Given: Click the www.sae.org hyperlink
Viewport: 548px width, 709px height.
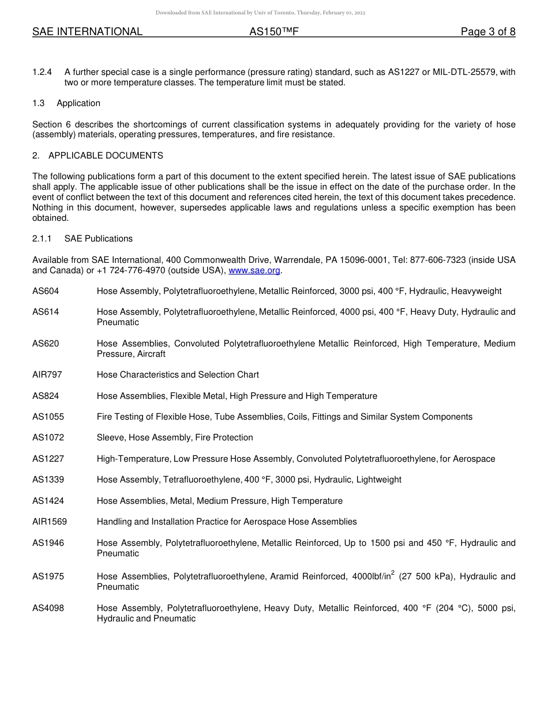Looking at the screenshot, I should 254,270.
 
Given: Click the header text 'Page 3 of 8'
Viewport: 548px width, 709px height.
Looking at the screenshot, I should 487,32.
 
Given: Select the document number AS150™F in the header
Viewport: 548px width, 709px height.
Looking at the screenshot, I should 273,32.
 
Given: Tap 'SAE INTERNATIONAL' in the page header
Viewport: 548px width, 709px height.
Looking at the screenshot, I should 87,32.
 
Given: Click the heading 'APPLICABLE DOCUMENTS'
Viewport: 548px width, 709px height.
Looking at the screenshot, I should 106,156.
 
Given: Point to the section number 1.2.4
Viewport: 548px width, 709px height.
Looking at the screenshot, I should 42,72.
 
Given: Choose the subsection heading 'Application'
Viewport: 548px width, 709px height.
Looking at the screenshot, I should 78,103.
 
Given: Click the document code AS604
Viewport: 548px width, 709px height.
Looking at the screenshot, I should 46,291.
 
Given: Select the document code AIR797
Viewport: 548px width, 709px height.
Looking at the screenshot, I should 47,375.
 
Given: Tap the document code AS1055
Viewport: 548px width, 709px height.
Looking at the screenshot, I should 48,417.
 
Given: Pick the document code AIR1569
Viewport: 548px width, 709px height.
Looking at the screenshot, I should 50,522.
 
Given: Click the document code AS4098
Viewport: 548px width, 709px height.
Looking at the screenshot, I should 48,608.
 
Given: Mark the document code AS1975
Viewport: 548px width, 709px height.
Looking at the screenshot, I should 48,576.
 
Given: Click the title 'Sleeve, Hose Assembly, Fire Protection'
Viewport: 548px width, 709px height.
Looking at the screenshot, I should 175,438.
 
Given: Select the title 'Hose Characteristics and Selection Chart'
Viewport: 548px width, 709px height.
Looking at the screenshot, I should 178,375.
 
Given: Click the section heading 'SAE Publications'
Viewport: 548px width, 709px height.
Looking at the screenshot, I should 99,239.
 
